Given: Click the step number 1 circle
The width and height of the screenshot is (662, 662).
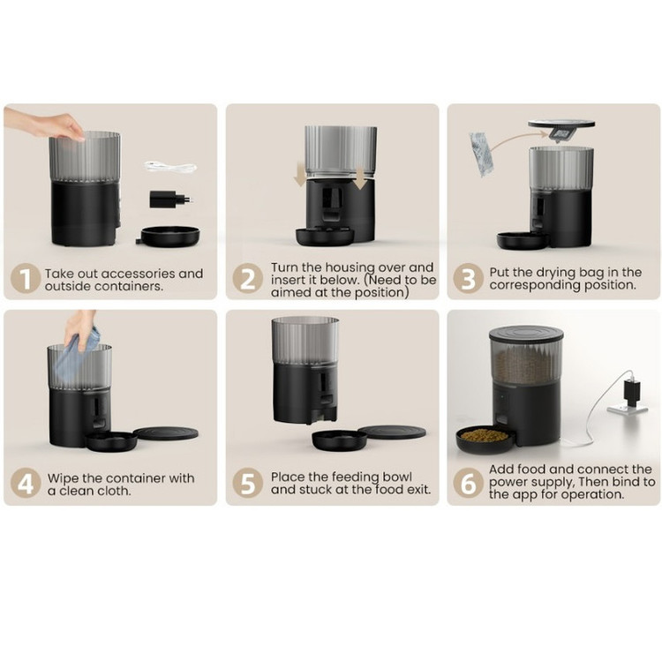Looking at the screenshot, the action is click(26, 278).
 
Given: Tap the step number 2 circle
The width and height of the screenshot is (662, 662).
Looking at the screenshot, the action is click(247, 278).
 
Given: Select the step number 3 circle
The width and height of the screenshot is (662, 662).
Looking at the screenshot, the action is click(468, 278).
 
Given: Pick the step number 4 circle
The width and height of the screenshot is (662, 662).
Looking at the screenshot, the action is click(26, 483).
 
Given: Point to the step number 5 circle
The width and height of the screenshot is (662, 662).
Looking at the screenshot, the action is click(247, 483).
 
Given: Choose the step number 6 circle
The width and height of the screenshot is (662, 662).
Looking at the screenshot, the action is click(468, 483).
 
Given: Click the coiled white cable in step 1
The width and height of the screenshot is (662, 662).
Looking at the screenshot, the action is click(170, 167).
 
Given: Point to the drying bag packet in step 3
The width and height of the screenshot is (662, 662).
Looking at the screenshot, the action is click(480, 154).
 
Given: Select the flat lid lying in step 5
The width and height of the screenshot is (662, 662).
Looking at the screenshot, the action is click(391, 432).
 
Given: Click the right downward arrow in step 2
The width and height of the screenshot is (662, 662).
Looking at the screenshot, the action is click(360, 177).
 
